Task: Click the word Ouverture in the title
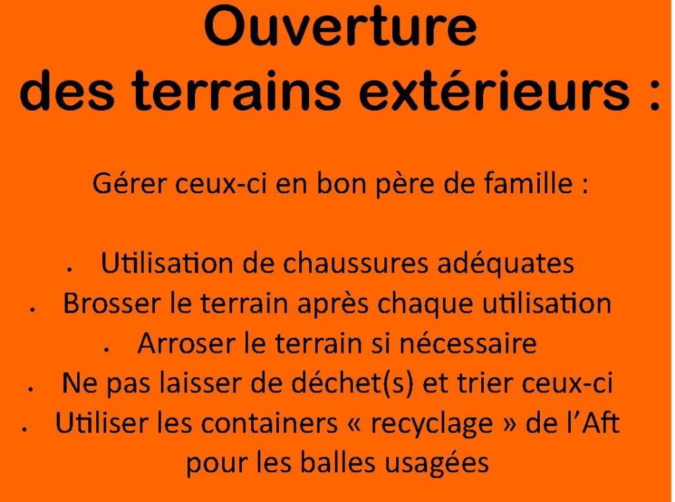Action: tap(340, 26)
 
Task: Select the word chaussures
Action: tap(355, 263)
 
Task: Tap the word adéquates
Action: tap(506, 263)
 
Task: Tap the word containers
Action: tap(269, 423)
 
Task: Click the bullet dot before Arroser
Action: tap(106, 350)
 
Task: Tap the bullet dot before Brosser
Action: tap(32, 309)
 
